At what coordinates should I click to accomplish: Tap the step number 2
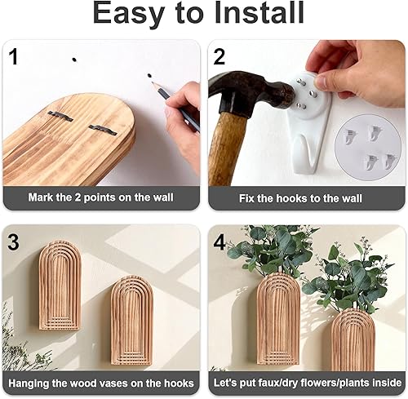[220, 58]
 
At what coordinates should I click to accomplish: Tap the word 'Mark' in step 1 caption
[42, 197]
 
